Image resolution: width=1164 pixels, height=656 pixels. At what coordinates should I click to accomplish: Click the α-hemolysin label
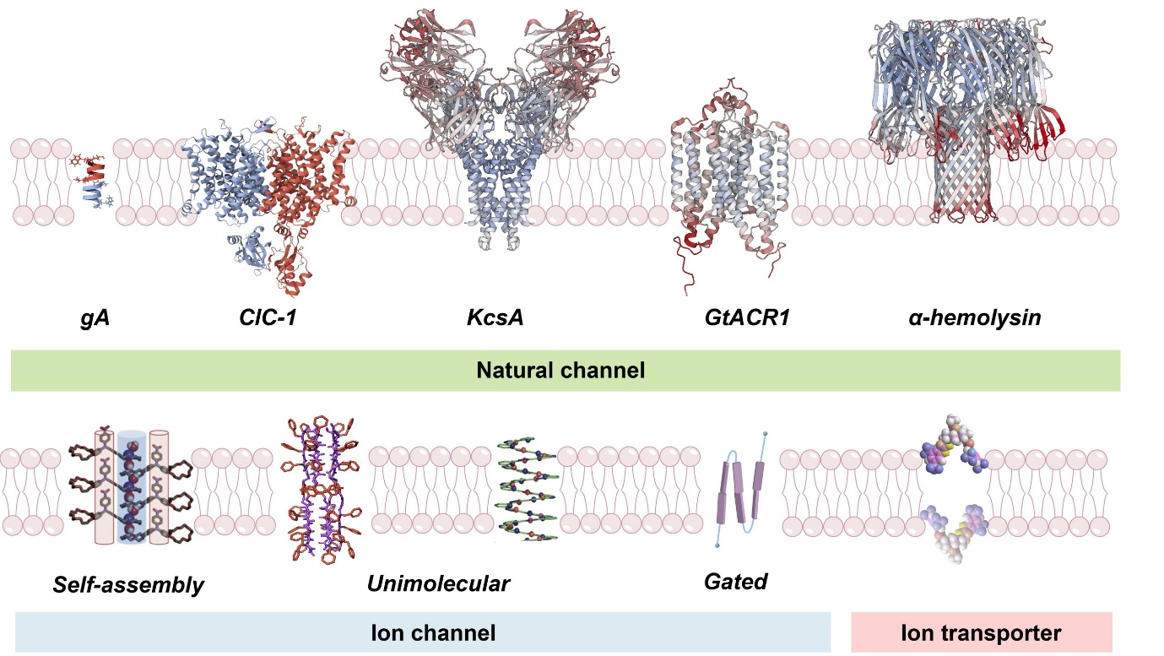tap(969, 319)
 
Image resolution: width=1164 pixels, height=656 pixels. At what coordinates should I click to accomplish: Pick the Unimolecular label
tap(439, 583)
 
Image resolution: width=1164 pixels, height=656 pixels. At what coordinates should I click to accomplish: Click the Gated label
tap(735, 582)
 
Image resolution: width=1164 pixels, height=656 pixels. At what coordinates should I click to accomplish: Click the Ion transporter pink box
tap(981, 632)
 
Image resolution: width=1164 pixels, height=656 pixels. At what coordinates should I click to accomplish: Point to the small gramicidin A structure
tap(93, 181)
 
